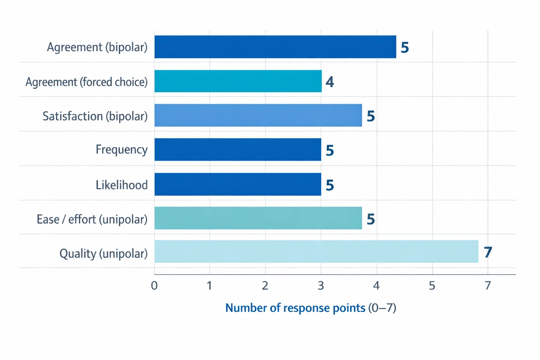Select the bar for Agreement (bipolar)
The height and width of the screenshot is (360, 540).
click(x=275, y=47)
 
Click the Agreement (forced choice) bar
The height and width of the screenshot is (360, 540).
click(x=238, y=81)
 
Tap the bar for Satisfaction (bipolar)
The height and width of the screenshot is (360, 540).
click(x=258, y=115)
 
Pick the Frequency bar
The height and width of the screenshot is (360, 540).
click(x=238, y=149)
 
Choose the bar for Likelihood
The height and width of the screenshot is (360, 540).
click(x=238, y=184)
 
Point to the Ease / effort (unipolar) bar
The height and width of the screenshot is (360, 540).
click(x=258, y=218)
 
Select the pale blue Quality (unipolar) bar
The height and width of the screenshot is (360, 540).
click(x=316, y=252)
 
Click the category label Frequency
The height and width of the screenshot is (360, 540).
click(x=121, y=149)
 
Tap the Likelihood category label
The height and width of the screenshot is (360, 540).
click(x=121, y=184)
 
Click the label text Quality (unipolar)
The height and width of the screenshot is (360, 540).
click(x=103, y=254)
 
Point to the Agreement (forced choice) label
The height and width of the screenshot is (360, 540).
click(x=86, y=82)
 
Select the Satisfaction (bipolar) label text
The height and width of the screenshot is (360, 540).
click(x=95, y=116)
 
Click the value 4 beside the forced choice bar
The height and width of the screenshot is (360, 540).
click(x=330, y=82)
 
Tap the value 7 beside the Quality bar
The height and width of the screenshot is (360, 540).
click(x=488, y=252)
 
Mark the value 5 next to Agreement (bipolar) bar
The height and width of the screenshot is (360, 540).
click(x=405, y=48)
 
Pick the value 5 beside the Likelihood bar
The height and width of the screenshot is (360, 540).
click(x=330, y=184)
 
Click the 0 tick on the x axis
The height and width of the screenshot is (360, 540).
click(x=154, y=285)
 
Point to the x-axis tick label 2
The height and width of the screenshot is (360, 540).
click(x=265, y=285)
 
